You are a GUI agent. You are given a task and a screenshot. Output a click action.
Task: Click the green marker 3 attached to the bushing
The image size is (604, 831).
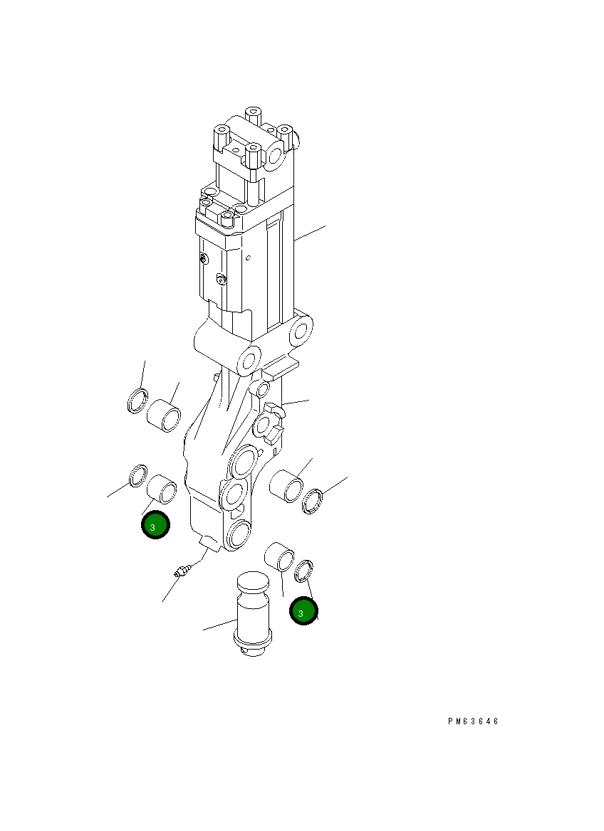click(155, 525)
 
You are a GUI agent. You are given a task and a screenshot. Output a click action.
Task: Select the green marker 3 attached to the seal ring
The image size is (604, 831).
click(303, 611)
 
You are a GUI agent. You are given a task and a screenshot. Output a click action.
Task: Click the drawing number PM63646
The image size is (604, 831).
click(474, 721)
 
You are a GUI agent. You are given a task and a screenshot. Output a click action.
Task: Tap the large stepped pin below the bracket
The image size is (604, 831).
click(253, 615)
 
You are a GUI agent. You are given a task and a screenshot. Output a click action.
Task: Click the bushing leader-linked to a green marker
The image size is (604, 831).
click(162, 488)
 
